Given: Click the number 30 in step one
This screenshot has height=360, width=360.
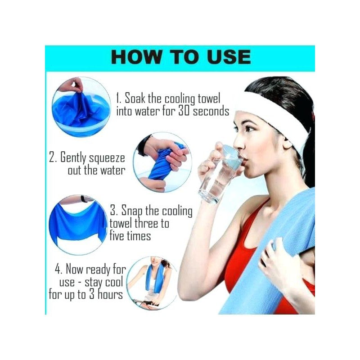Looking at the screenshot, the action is click(184, 111).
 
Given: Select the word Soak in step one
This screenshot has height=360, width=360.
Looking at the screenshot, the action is click(135, 98).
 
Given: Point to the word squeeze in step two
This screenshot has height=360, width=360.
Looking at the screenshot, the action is click(107, 158).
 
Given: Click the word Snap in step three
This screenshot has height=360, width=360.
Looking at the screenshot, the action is click(131, 211).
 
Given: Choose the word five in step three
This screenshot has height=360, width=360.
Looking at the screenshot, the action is click(118, 235).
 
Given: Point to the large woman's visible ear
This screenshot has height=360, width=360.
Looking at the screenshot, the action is click(287, 144).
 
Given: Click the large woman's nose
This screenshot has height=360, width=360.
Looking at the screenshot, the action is click(238, 144).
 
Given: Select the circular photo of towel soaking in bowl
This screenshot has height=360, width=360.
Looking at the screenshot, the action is click(81, 107).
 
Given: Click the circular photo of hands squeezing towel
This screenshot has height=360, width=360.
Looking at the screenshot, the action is click(162, 162).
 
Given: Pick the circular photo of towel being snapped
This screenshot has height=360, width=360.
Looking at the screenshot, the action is click(78, 225).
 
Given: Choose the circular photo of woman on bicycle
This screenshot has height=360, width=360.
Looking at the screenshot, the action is click(153, 283).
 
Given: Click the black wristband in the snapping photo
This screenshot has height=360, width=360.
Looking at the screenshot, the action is click(84, 199).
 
